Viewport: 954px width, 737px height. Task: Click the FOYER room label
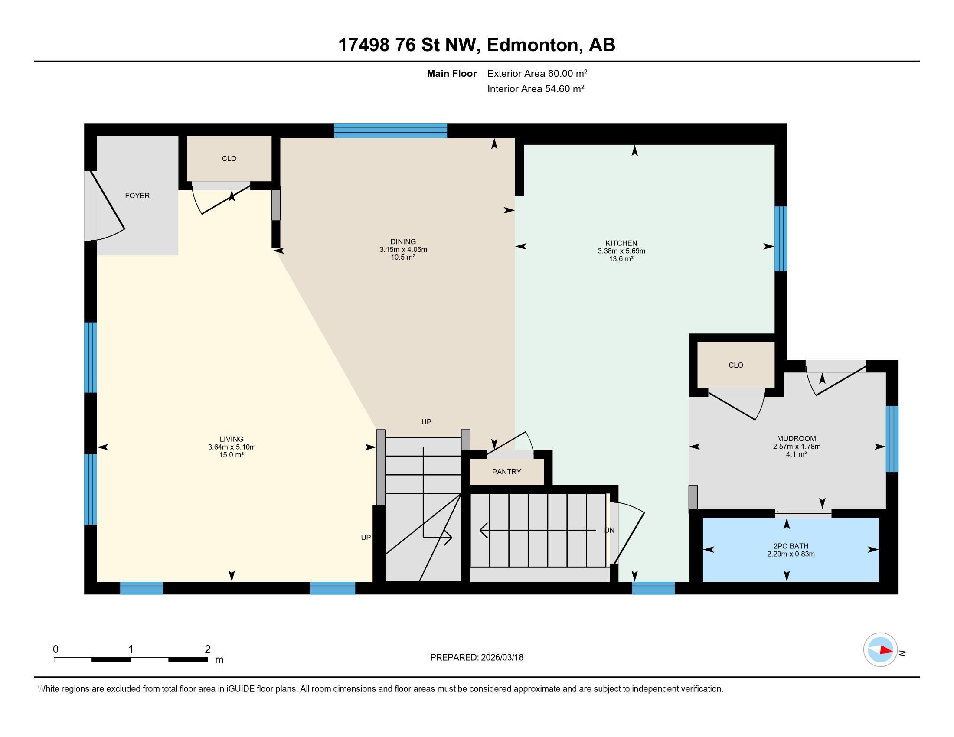click(x=137, y=196)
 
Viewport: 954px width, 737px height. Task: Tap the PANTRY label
click(x=506, y=472)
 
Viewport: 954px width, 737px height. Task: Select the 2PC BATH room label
click(x=791, y=546)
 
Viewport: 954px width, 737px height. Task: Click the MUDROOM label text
click(x=796, y=438)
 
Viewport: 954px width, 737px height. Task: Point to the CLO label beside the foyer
click(x=229, y=159)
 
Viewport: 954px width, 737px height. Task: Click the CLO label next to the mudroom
click(x=735, y=365)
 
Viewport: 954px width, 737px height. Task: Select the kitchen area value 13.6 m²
click(x=621, y=259)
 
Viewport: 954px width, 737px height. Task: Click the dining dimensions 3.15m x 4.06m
click(x=403, y=250)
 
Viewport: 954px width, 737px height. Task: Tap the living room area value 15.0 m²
click(x=231, y=454)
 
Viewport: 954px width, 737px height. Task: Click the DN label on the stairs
click(x=609, y=531)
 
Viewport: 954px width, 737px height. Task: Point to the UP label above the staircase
click(x=426, y=422)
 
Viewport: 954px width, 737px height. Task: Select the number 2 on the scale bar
click(x=207, y=649)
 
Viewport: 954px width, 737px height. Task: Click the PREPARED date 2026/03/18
click(x=501, y=658)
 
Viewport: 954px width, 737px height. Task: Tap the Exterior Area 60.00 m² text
click(x=537, y=73)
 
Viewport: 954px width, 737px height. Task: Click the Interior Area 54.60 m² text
click(x=536, y=89)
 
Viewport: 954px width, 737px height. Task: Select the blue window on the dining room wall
click(x=390, y=130)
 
